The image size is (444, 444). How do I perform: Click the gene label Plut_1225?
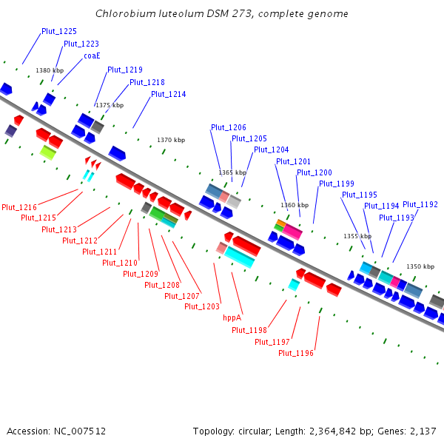coord(59,31)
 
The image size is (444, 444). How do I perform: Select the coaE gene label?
coord(92,55)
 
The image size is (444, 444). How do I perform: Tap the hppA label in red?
coord(232,317)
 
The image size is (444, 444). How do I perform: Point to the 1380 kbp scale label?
coord(50,70)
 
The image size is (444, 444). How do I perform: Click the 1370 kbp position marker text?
coord(171,140)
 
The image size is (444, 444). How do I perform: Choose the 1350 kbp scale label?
coord(420,266)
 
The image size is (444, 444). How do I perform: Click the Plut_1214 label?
coord(169,94)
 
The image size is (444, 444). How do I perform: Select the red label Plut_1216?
coord(19,207)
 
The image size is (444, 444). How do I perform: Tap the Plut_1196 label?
coord(296,353)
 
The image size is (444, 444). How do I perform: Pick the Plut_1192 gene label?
coord(420,204)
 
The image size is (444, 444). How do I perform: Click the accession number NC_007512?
coord(80,431)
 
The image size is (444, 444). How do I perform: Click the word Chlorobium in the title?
coord(126,13)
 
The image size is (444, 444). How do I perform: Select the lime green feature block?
coord(48,152)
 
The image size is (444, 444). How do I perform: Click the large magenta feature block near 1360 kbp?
coord(292,232)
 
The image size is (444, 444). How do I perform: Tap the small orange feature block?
coord(281,223)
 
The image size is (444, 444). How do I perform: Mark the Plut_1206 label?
coord(229,127)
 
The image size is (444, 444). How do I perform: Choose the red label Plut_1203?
coord(202,306)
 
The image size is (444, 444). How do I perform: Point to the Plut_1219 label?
coord(125,70)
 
